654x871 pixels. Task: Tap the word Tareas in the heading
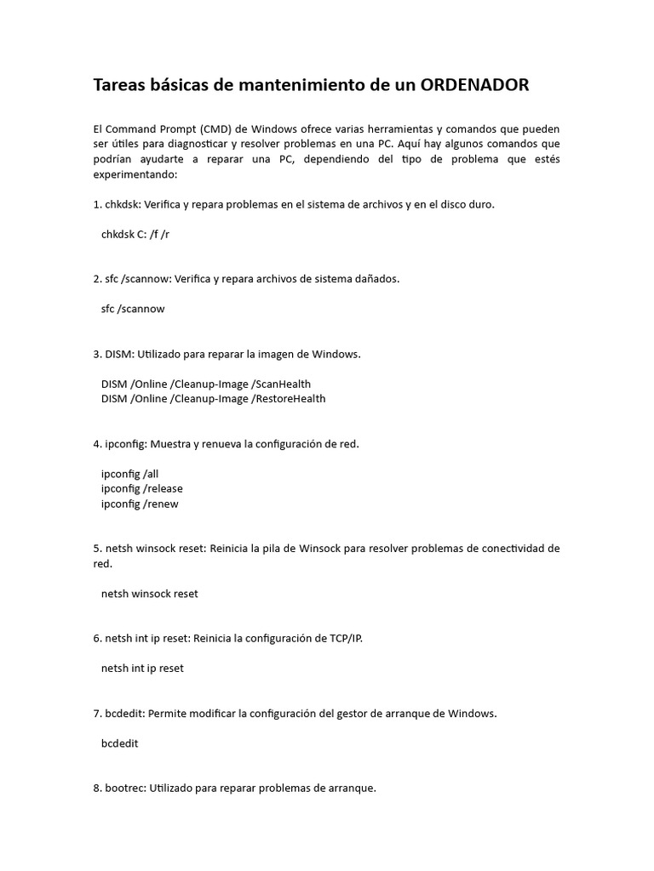[x=120, y=86]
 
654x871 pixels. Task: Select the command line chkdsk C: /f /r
[x=135, y=234]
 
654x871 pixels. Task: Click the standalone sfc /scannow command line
[x=132, y=309]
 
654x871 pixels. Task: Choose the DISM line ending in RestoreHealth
[x=213, y=398]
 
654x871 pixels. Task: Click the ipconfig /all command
[x=129, y=474]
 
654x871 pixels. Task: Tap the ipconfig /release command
[x=141, y=488]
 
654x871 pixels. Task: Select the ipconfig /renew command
[x=140, y=504]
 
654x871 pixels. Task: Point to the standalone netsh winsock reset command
[x=149, y=594]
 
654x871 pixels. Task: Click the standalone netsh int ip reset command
[x=142, y=669]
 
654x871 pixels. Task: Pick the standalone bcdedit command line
[x=119, y=743]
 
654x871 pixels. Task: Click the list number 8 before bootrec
[x=96, y=788]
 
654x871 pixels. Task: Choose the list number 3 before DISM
[x=96, y=354]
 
